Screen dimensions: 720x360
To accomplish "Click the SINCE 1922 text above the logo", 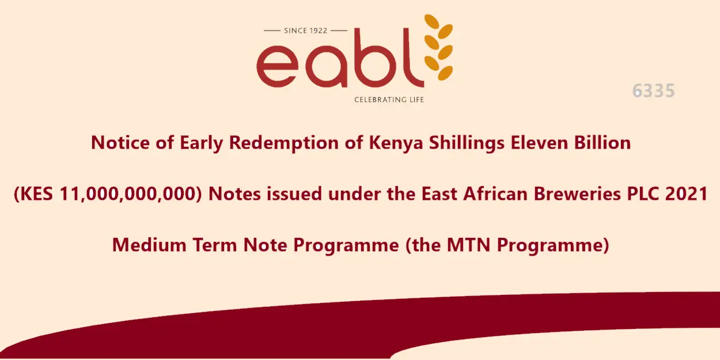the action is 305,31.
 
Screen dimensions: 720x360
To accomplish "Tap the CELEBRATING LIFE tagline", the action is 389,100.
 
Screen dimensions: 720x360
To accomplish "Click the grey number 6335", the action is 653,90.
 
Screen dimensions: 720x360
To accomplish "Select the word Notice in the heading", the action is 120,142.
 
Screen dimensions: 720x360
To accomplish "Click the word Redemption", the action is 283,143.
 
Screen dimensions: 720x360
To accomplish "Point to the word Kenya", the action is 396,143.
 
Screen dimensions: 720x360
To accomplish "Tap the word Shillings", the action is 467,143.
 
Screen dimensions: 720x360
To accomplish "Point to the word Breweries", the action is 577,194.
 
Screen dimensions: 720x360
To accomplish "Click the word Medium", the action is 149,245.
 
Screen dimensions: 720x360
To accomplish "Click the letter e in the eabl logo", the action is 278,66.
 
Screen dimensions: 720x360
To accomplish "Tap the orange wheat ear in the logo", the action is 439,47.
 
